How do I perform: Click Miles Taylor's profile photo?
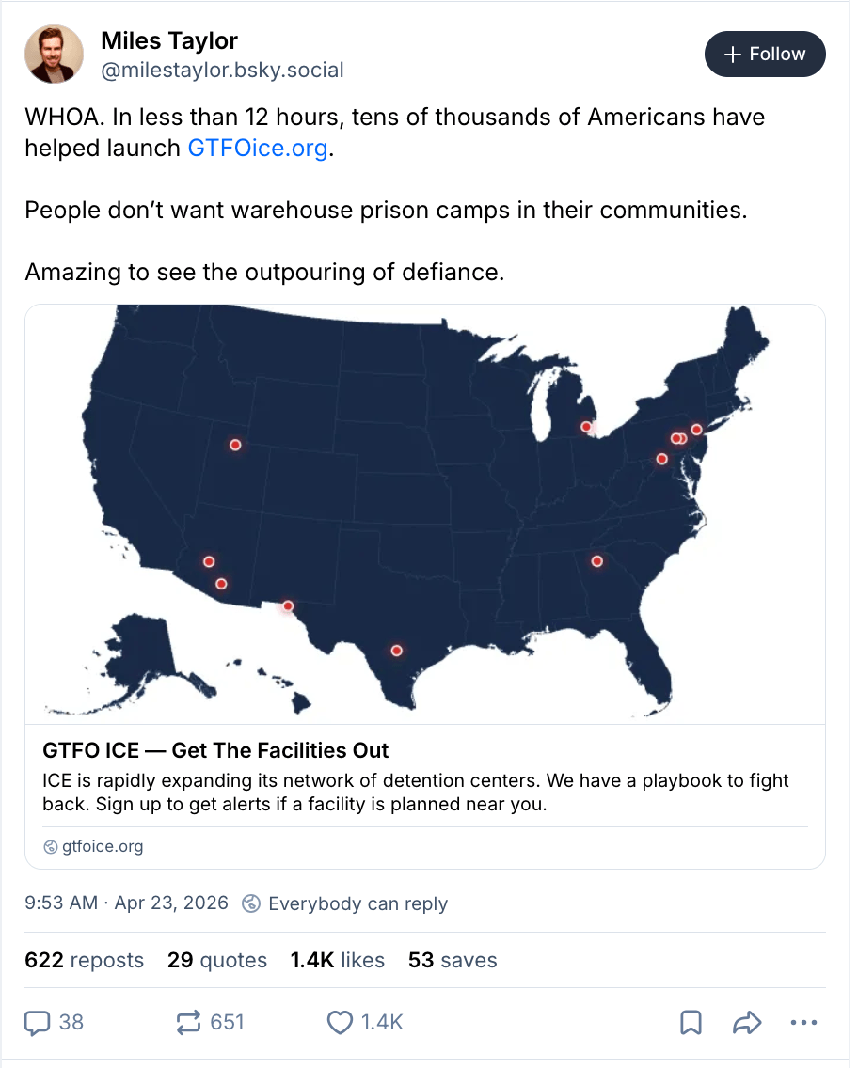pyautogui.click(x=54, y=54)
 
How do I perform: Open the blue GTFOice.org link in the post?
pyautogui.click(x=258, y=149)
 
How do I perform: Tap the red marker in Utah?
pyautogui.click(x=235, y=445)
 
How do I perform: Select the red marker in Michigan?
pyautogui.click(x=586, y=427)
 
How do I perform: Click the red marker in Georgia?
pyautogui.click(x=596, y=561)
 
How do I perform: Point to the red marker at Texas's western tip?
pyautogui.click(x=288, y=606)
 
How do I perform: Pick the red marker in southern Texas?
pyautogui.click(x=396, y=651)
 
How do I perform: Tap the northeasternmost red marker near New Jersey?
pyautogui.click(x=696, y=430)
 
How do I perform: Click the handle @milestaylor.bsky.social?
pyautogui.click(x=222, y=70)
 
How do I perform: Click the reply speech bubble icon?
pyautogui.click(x=37, y=1022)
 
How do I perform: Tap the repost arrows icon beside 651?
pyautogui.click(x=189, y=1022)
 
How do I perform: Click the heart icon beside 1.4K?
pyautogui.click(x=340, y=1022)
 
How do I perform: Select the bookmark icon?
pyautogui.click(x=691, y=1022)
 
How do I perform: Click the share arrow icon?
pyautogui.click(x=746, y=1022)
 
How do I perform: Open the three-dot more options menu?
pyautogui.click(x=803, y=1022)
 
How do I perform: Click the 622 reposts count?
pyautogui.click(x=85, y=960)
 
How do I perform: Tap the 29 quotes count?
pyautogui.click(x=217, y=960)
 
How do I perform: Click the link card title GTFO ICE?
pyautogui.click(x=215, y=750)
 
